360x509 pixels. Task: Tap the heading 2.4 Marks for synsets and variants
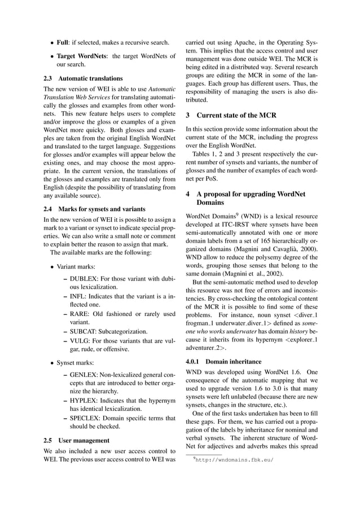[94, 209]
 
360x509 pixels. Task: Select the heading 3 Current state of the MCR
[231, 116]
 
